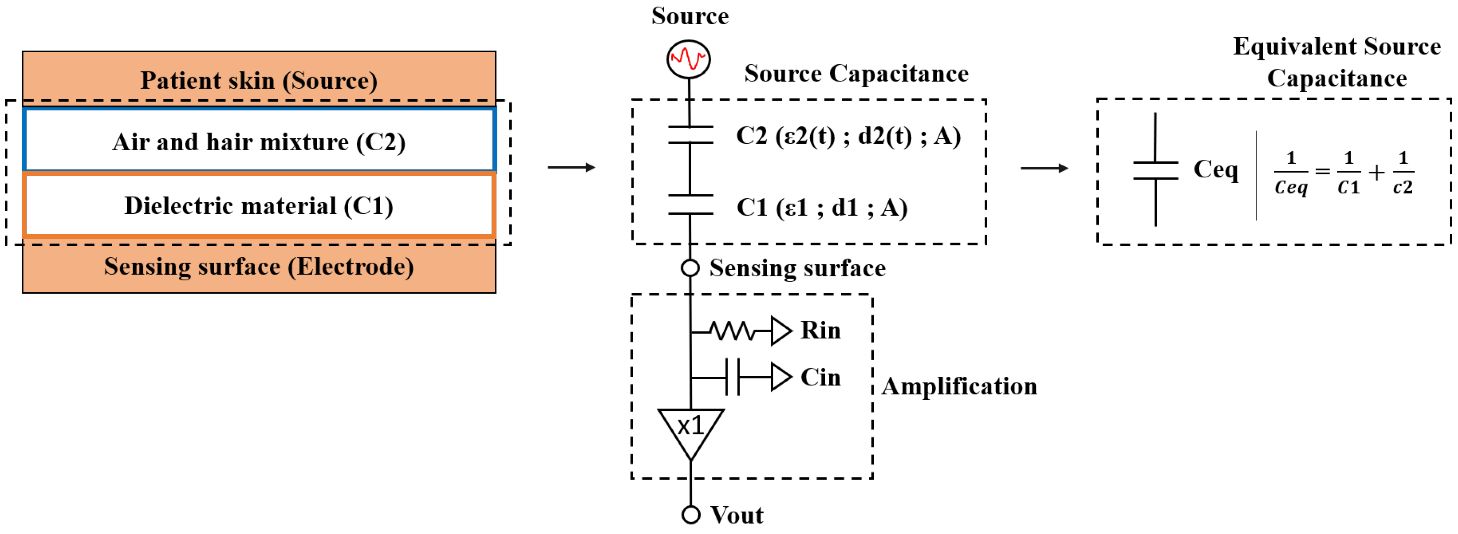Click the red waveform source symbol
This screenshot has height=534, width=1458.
pos(688,59)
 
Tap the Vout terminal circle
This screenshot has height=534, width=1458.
pos(690,515)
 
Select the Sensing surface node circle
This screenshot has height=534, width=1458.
pos(690,268)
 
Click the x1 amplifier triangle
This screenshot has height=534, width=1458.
pos(690,431)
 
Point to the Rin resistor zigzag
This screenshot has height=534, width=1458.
pos(733,331)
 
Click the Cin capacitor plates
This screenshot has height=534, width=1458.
pos(733,377)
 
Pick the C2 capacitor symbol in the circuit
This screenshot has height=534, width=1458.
pos(690,135)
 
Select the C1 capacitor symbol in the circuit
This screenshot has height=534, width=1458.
pos(690,205)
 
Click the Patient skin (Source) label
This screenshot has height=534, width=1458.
pos(259,80)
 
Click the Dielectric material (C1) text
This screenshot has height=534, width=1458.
pos(259,205)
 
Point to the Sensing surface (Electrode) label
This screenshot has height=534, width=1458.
pos(259,266)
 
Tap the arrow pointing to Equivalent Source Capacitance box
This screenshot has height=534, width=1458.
pos(1044,168)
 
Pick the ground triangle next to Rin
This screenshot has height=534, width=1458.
pos(781,331)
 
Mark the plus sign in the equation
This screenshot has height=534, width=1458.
pos(1376,173)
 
